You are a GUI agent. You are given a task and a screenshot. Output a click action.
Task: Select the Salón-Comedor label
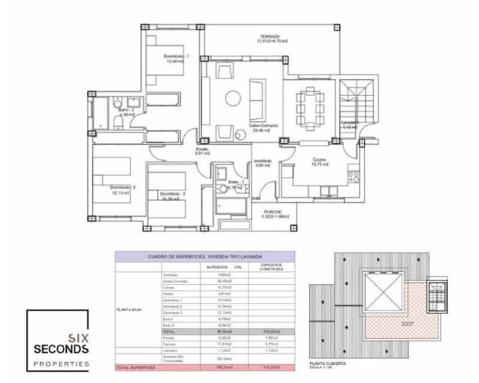pyautogui.click(x=265, y=126)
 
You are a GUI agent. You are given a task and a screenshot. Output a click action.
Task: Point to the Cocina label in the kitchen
pyautogui.click(x=319, y=160)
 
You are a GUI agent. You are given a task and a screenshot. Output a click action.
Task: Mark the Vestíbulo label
pyautogui.click(x=263, y=161)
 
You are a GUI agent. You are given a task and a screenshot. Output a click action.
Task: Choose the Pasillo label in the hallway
pyautogui.click(x=202, y=150)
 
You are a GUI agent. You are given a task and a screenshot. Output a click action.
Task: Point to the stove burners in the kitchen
pyautogui.click(x=353, y=177)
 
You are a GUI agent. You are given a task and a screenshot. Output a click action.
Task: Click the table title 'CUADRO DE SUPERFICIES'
pyautogui.click(x=205, y=256)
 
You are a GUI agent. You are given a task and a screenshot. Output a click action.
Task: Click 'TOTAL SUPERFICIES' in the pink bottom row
pyautogui.click(x=137, y=366)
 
